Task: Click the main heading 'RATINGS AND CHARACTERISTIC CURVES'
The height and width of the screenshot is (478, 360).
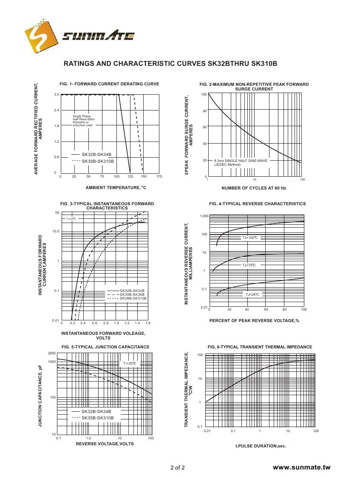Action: [x=135, y=64]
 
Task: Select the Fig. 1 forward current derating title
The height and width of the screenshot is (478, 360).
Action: [x=109, y=84]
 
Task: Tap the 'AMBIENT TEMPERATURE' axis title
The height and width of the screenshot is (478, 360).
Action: [x=116, y=187]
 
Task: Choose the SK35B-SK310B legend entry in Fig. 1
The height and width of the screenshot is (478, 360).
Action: [x=97, y=161]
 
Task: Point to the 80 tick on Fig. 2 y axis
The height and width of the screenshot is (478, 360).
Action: [x=204, y=111]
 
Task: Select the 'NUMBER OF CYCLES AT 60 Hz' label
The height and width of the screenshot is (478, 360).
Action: [x=253, y=188]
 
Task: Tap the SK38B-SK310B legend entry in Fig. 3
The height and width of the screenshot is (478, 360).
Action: [x=133, y=298]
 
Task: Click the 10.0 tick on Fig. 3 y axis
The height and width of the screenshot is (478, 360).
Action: [x=56, y=232]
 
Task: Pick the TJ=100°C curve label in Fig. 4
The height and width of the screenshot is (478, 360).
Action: [x=250, y=238]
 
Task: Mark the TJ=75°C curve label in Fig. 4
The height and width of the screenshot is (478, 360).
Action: [x=249, y=265]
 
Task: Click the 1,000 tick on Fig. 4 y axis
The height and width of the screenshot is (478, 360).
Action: [x=204, y=216]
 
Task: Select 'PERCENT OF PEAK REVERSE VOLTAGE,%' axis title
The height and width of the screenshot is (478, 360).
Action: [x=254, y=320]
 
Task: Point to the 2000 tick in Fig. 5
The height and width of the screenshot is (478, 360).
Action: [x=52, y=354]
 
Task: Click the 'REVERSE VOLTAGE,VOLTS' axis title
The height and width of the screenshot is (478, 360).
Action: [x=105, y=444]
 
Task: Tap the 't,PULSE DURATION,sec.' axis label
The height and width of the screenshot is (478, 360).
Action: [x=261, y=446]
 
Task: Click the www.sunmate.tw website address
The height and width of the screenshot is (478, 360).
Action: [x=301, y=467]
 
